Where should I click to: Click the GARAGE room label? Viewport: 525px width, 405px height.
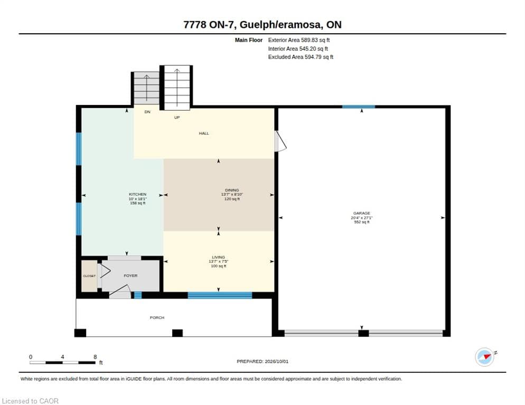point(362,213)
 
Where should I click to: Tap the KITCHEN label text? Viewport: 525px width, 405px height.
point(138,194)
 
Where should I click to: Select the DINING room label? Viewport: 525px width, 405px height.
point(232,190)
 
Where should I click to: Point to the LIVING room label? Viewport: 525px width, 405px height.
point(218,257)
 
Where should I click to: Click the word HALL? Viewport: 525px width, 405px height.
point(204,133)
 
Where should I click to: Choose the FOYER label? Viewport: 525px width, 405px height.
point(130,276)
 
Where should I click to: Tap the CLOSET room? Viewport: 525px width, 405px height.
point(89,276)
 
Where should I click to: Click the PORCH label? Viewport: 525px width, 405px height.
point(157,317)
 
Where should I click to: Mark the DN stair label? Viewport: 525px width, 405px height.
point(147,112)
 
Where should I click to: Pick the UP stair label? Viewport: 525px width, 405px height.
point(177,118)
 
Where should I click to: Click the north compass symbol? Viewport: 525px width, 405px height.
point(485,357)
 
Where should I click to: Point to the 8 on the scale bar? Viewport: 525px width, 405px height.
point(95,357)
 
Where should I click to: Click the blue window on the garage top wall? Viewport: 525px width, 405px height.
point(359,107)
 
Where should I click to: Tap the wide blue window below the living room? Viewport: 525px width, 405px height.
point(220,295)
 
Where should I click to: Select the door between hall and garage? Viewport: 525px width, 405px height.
point(280,141)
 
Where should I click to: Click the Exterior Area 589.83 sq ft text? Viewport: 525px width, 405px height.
point(298,40)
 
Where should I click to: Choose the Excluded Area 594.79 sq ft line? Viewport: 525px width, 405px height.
point(301,57)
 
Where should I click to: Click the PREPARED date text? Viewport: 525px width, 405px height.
point(262,361)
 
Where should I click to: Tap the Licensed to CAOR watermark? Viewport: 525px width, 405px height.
point(30,401)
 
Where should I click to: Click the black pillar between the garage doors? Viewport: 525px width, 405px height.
point(363,333)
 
